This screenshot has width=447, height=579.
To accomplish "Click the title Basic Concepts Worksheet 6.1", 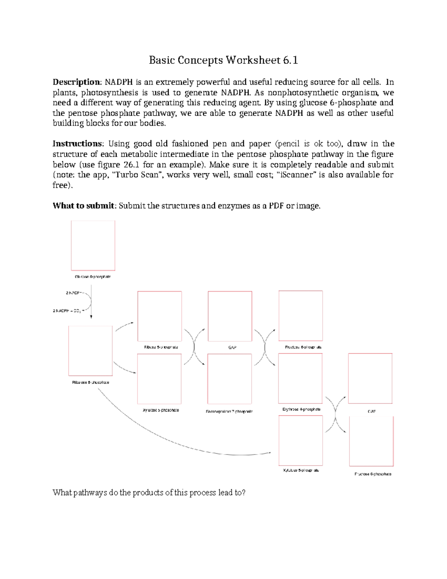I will tap(223, 60).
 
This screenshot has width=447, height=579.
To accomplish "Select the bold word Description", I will tap(76, 82).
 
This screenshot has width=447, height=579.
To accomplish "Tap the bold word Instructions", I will tap(77, 144).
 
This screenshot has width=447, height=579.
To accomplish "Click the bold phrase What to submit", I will tap(83, 206).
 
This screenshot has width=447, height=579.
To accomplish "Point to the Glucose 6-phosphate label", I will tap(93, 277).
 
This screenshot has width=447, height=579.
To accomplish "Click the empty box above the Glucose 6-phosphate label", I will tap(93, 245).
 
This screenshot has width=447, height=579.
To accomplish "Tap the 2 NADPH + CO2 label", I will tap(67, 311).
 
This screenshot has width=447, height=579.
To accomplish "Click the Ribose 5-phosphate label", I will tap(161, 347).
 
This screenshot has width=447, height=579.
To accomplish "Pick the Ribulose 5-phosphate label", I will tap(91, 383).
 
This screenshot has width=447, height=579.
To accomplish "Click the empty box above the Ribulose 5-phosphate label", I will tap(91, 351).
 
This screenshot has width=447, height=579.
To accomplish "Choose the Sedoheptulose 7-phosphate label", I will tap(229, 412).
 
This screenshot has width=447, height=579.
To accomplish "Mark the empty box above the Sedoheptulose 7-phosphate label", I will tap(229, 379).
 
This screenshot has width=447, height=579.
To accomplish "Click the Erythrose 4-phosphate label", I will tap(301, 409).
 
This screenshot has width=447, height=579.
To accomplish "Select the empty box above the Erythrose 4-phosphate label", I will tap(300, 378).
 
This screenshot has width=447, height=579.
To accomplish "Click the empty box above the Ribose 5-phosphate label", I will tap(159, 316).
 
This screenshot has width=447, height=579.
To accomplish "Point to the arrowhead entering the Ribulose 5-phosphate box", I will tap(91, 317).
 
